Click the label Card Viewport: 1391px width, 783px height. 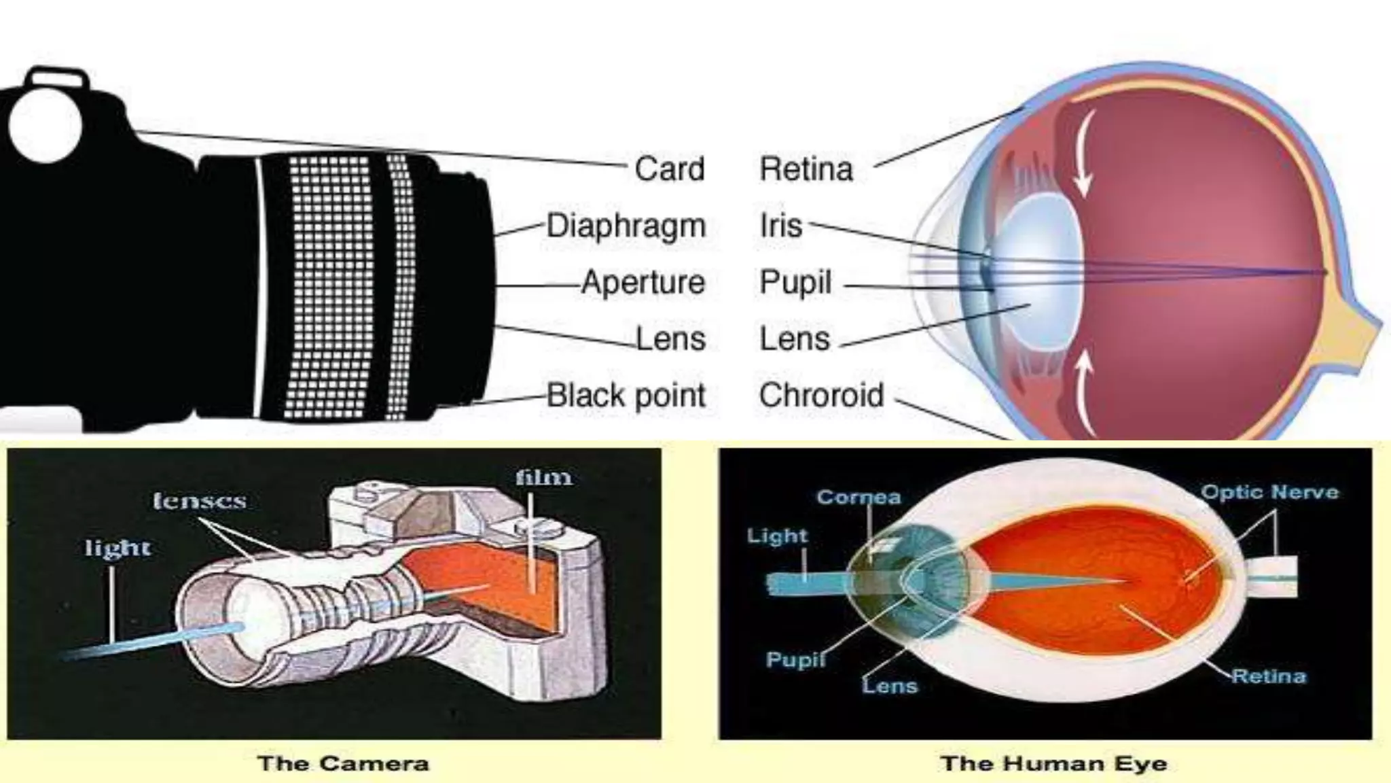[669, 169]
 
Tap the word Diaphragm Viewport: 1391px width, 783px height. [626, 226]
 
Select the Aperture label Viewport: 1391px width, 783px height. [643, 283]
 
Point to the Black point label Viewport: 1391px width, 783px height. [626, 396]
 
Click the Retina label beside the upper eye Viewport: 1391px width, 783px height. [806, 169]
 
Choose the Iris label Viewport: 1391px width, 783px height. [781, 226]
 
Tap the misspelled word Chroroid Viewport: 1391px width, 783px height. [821, 396]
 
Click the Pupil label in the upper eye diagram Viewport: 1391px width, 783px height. [795, 283]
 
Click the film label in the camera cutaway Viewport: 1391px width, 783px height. [543, 477]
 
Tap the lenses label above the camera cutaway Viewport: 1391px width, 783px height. [199, 502]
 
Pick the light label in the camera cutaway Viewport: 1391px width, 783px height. [118, 548]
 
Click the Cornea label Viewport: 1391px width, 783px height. [859, 497]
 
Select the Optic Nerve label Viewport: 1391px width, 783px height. [1269, 492]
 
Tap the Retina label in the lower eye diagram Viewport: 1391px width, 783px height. [1268, 676]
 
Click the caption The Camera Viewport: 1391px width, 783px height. [343, 763]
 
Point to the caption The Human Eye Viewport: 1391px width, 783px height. [1053, 763]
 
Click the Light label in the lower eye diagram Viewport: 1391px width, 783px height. [777, 536]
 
